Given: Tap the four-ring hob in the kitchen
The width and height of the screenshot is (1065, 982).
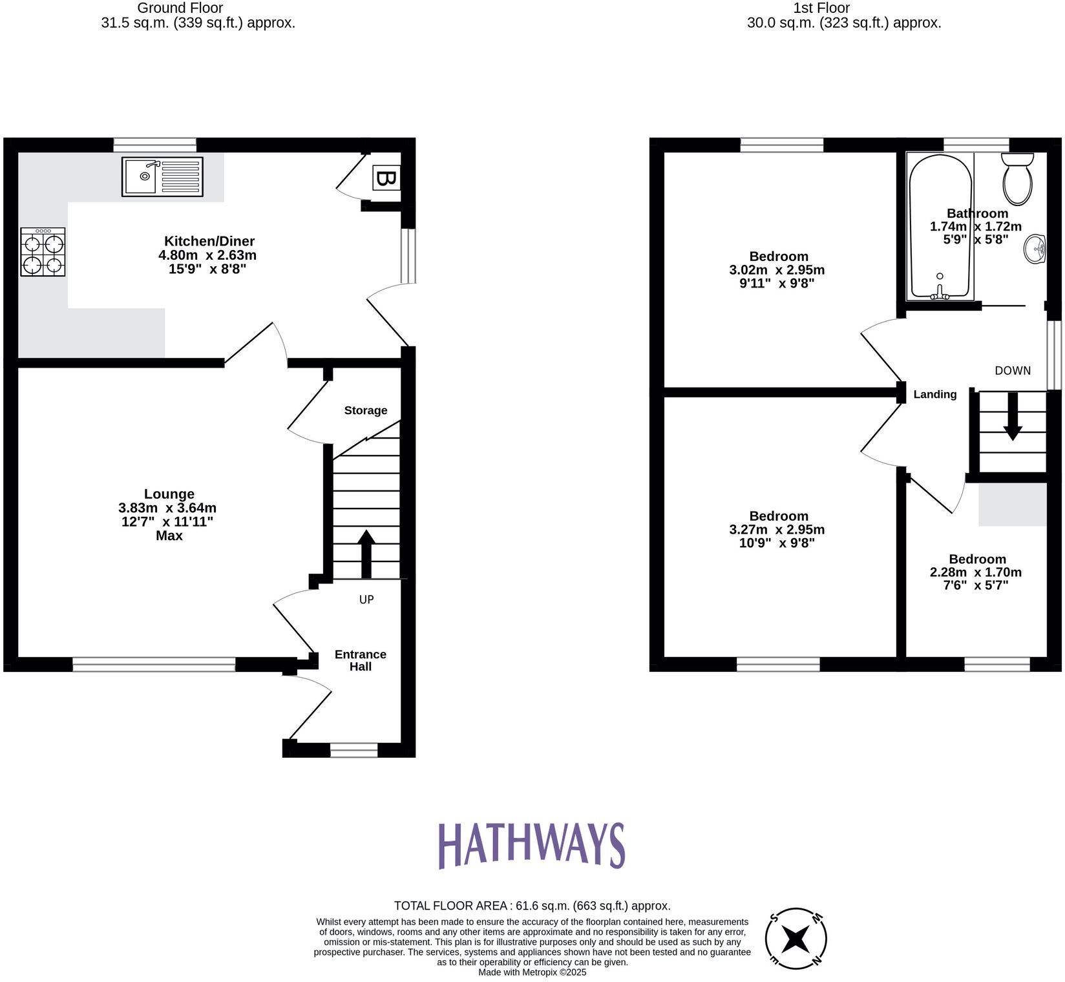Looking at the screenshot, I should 43,252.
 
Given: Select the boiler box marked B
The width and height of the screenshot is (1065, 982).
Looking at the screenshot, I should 386,178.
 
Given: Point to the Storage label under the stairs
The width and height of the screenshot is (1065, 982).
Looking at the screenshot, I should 366,410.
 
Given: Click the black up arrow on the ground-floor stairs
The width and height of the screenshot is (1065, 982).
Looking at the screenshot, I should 366,553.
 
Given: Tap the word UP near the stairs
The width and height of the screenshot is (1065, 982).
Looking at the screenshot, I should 366,600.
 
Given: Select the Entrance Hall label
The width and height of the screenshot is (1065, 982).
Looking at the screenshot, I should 361,660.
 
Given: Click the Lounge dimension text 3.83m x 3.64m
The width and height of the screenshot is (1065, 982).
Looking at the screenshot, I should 167,508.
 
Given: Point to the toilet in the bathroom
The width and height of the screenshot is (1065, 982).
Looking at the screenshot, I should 1017,178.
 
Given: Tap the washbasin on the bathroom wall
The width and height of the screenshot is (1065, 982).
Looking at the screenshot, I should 1035,249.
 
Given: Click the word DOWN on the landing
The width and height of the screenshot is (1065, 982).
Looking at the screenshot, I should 1012,371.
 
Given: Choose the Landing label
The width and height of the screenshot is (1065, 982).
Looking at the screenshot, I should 934,394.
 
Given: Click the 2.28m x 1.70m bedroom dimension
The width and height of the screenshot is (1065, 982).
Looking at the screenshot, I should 975,572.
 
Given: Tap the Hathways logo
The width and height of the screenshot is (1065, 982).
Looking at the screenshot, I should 532,845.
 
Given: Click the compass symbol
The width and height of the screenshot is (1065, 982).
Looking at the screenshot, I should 796,939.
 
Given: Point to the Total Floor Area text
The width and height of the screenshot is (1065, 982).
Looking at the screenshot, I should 532,906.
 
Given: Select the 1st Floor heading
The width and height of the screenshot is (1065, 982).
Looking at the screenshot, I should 821,8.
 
